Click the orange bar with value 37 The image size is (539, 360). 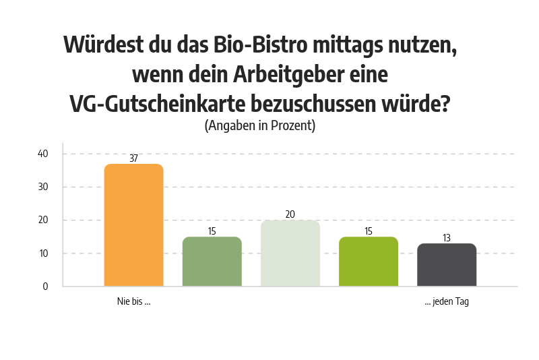[133, 225]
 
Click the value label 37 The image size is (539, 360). [133, 158]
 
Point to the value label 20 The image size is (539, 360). [290, 214]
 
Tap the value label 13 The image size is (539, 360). [447, 238]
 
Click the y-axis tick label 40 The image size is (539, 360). [43, 154]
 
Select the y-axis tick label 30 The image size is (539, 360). [43, 187]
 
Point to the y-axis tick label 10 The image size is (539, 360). [43, 253]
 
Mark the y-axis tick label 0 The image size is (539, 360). [46, 287]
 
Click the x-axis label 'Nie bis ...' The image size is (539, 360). [133, 302]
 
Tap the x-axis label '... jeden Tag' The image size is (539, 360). [447, 302]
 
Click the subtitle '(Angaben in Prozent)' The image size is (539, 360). [260, 125]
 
